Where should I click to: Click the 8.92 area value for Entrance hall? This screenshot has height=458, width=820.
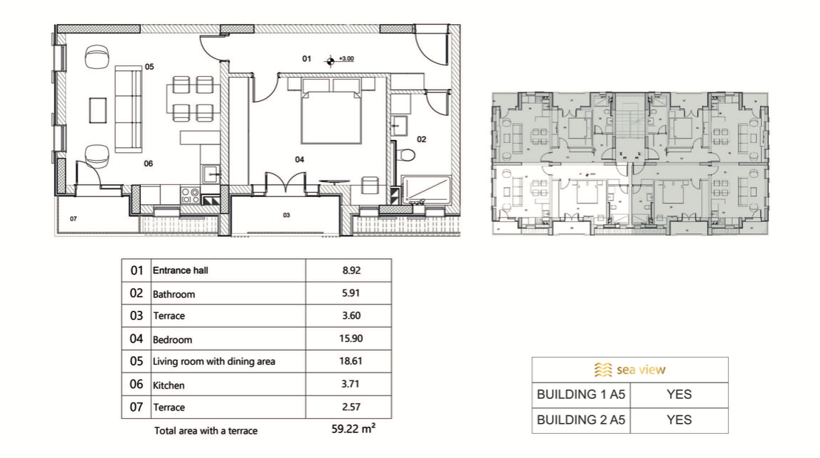[351, 270]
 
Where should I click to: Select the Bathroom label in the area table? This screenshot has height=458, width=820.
[174, 294]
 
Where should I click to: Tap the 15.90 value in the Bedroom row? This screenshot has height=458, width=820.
[351, 339]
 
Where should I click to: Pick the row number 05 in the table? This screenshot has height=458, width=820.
[136, 361]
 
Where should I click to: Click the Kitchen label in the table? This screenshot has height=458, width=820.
[169, 385]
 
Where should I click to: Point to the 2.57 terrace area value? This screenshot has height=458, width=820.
[351, 407]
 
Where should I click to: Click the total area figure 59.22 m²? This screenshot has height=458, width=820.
[353, 429]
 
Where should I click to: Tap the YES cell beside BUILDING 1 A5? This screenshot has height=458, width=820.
[678, 395]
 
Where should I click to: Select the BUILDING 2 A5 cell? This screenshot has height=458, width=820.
[581, 420]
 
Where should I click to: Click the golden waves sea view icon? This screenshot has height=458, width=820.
[603, 370]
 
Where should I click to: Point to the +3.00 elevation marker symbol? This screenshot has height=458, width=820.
[330, 62]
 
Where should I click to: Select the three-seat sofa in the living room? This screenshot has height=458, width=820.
[129, 110]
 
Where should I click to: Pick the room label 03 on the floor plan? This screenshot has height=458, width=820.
[286, 215]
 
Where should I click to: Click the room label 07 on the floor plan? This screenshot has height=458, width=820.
[73, 218]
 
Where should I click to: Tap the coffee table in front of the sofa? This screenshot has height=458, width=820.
[98, 110]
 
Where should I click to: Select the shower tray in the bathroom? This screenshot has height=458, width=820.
[426, 189]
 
